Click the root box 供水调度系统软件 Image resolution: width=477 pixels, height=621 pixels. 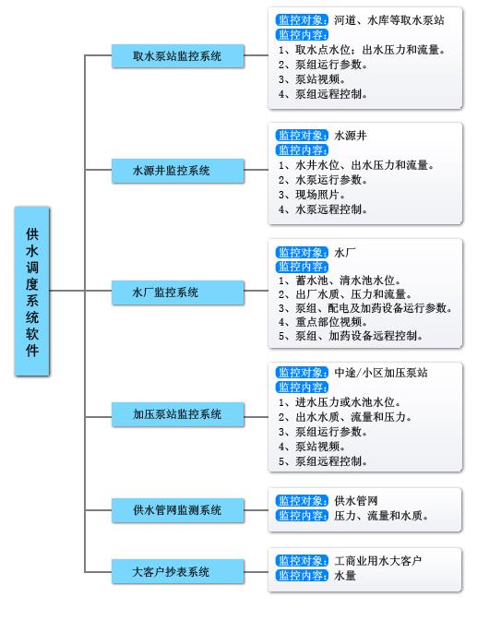pos(32,291)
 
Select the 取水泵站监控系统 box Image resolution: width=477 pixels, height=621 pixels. pos(178,56)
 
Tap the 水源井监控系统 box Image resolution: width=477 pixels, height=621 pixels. pos(178,171)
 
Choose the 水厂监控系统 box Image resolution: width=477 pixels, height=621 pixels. pos(178,293)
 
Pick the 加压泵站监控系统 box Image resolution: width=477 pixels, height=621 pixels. pos(178,414)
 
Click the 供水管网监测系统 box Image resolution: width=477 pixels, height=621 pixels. pos(178,510)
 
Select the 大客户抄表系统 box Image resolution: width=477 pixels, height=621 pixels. pos(178,571)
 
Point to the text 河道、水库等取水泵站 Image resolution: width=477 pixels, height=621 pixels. pos(389,20)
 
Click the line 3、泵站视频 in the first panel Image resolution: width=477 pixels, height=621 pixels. pos(312,79)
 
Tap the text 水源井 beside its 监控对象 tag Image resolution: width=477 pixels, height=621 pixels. pos(351,136)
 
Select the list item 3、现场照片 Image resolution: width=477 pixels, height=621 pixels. pos(312,195)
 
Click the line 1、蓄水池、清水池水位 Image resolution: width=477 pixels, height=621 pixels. pos(340,281)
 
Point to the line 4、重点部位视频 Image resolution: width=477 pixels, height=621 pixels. pos(323,322)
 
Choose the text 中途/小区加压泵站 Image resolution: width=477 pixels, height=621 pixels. pos(381,373)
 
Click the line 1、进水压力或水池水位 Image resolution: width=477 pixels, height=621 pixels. pos(340,402)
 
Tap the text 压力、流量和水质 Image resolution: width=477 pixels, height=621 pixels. pos(381,516)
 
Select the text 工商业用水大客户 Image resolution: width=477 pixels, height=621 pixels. pos(378,561)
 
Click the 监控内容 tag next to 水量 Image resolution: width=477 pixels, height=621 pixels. pos(302,576)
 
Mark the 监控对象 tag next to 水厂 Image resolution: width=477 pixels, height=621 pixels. pos(302,252)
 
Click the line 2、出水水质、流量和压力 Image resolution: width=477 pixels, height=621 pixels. pos(345,417)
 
